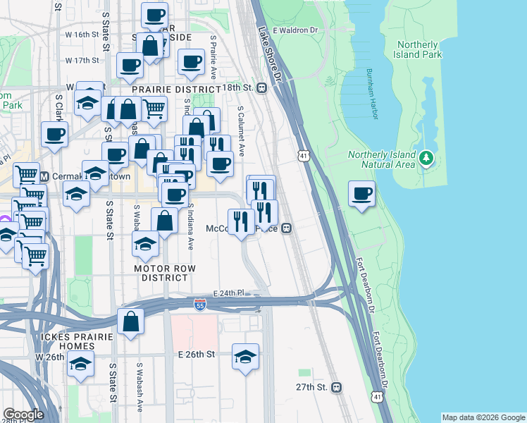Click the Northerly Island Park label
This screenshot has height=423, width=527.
pos(418,49)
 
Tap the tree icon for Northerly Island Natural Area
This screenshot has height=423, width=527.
pos(426,159)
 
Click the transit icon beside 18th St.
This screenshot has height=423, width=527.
pos(261,87)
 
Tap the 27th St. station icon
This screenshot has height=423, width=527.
pos(337,387)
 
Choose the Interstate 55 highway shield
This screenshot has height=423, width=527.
pos(200,304)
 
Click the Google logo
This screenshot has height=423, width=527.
pos(23,415)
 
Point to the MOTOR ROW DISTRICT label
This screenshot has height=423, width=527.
pos(163,273)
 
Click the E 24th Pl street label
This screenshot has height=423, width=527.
pos(228,293)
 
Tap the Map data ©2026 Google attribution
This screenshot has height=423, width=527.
pos(483,417)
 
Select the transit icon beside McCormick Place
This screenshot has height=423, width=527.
pos(286,228)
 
